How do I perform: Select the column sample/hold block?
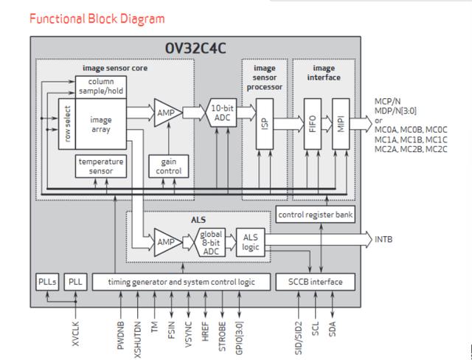point(100,86)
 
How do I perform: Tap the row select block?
point(67,123)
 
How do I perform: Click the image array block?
point(101,124)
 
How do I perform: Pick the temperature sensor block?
point(100,166)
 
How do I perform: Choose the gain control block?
point(169,166)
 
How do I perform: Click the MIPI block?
point(341,124)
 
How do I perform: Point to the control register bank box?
point(315,214)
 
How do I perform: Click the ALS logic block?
point(251,240)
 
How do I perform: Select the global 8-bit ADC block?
point(211,240)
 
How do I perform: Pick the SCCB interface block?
point(315,281)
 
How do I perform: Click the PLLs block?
point(46,281)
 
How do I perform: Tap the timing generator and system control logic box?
point(181,281)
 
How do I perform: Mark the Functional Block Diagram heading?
point(97,18)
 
